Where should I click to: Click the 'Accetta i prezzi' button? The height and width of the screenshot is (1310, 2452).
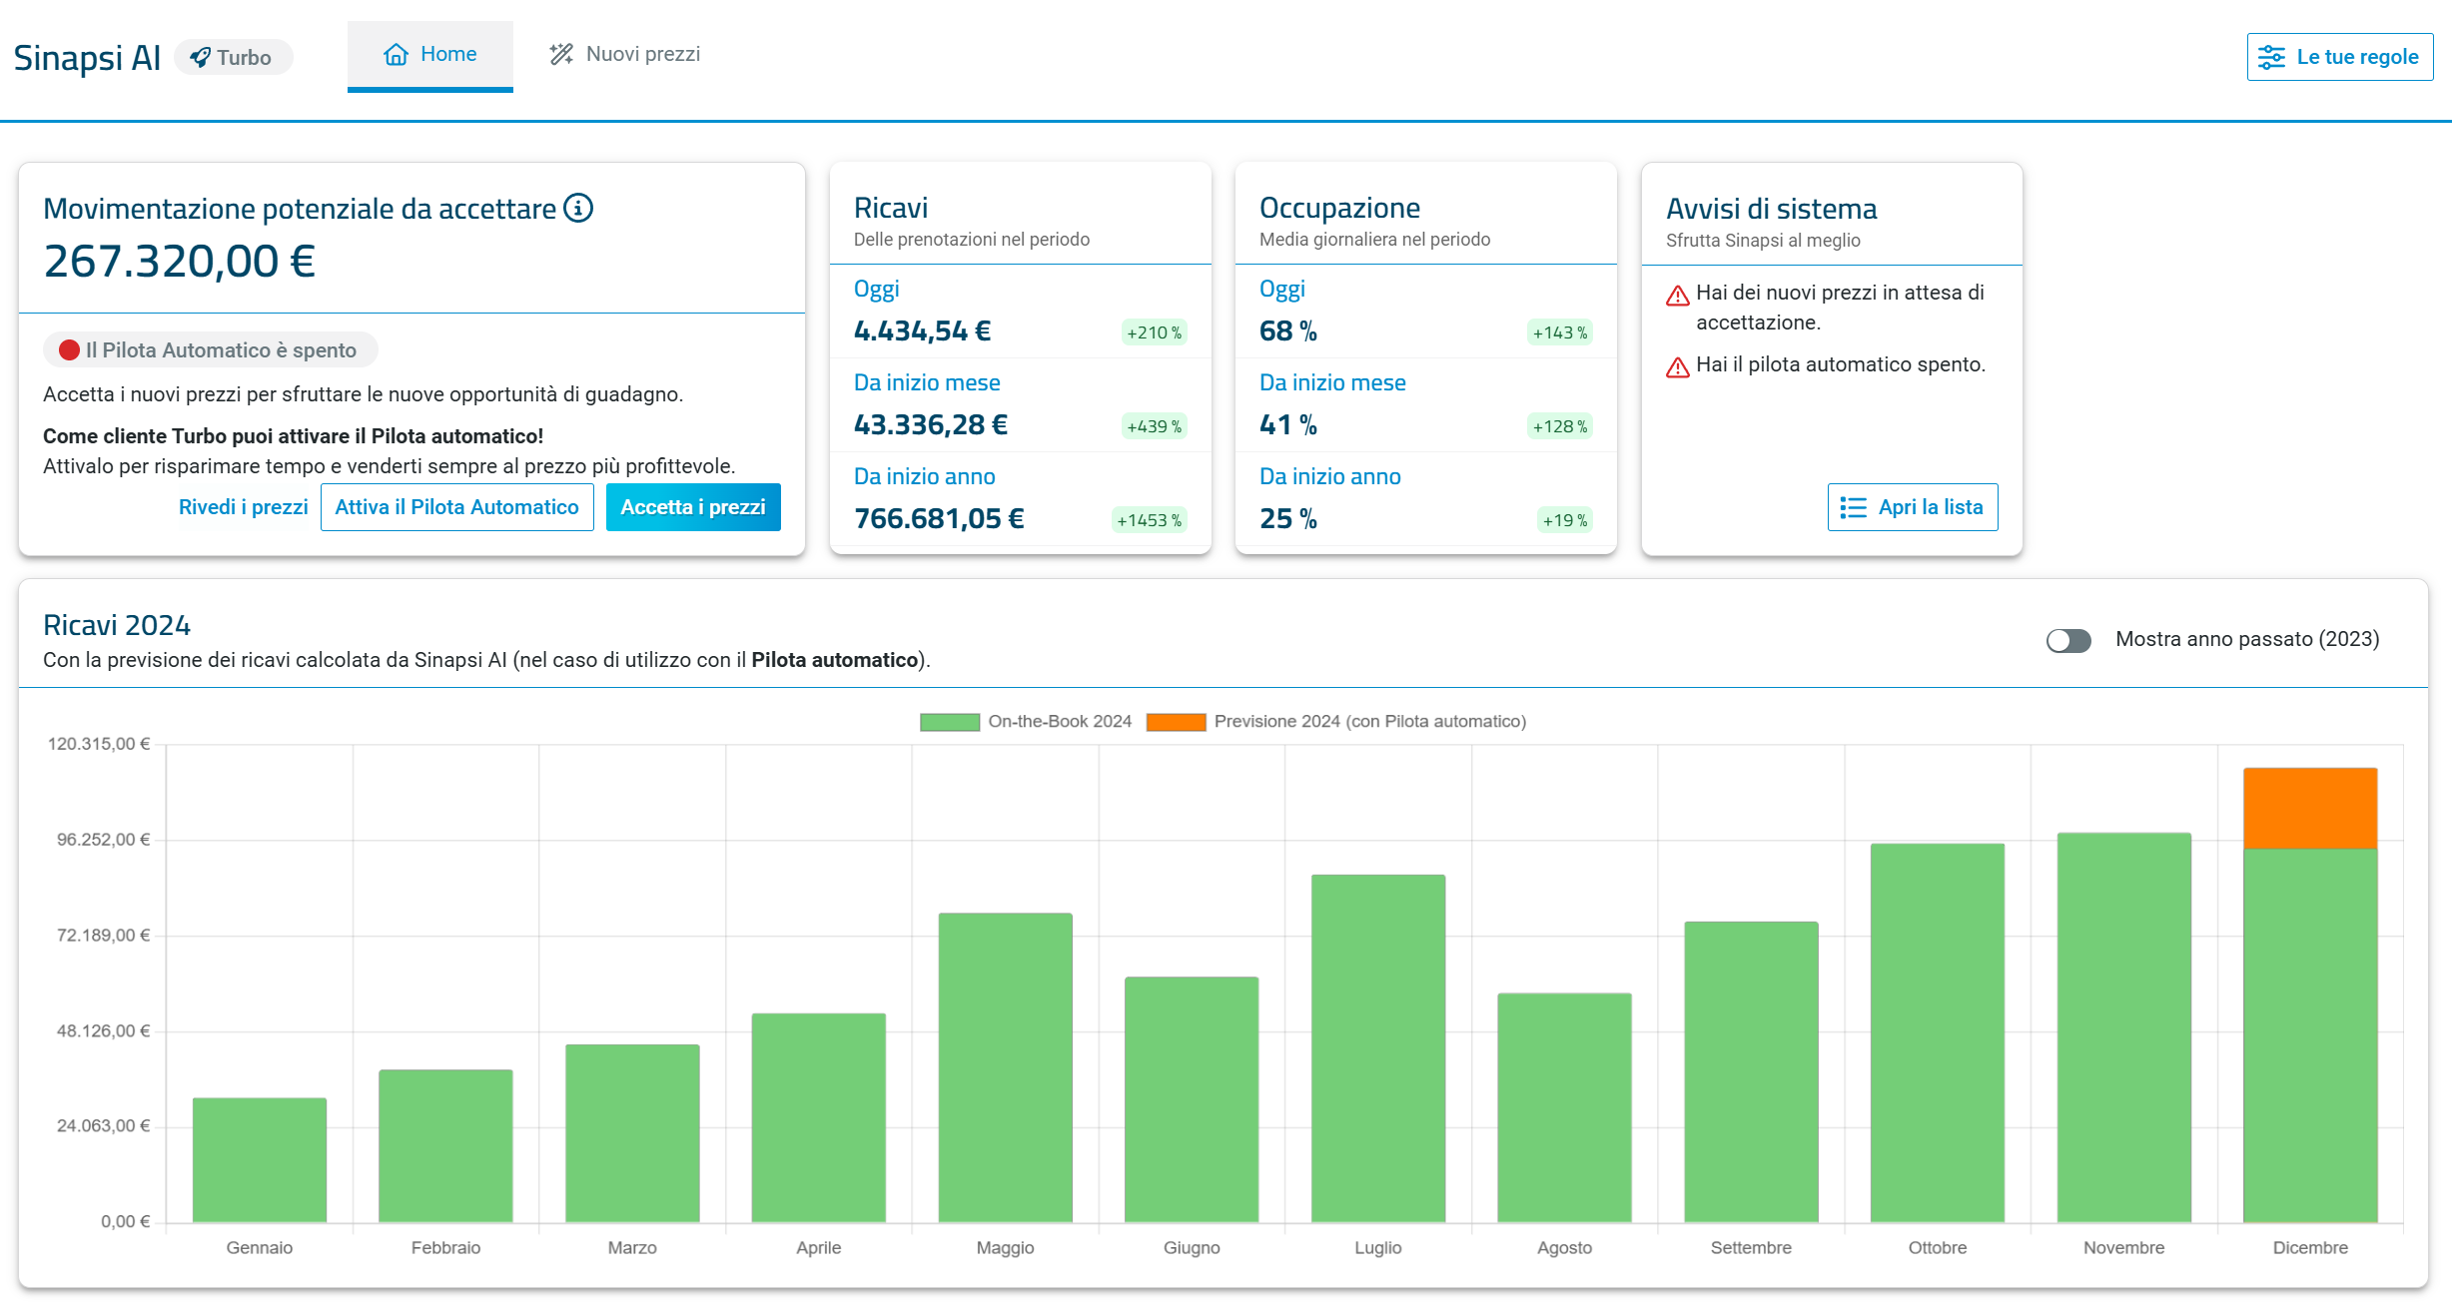[693, 507]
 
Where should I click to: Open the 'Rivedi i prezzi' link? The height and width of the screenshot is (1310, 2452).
[243, 507]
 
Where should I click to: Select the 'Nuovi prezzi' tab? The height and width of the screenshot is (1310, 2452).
[625, 54]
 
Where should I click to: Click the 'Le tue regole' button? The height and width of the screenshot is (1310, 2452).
[2340, 57]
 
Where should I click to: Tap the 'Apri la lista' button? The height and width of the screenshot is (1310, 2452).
[1913, 507]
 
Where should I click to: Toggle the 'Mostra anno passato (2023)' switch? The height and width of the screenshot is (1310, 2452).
[2068, 640]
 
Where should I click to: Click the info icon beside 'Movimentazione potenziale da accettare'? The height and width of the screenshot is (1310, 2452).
[578, 208]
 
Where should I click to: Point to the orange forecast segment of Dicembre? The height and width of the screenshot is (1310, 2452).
[2310, 808]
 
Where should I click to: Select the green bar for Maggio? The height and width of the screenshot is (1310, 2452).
[1006, 1067]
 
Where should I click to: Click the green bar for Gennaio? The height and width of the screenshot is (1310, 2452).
[260, 1160]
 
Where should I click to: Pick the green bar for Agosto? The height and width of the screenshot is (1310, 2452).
[1565, 1107]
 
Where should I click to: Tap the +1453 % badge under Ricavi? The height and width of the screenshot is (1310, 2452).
[1150, 520]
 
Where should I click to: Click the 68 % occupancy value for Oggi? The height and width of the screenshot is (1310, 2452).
[1288, 331]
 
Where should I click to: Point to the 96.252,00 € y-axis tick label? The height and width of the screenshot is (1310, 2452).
[103, 840]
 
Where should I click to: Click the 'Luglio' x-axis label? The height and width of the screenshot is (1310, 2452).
[1378, 1248]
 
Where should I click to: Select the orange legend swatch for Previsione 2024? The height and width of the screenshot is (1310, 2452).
[1177, 722]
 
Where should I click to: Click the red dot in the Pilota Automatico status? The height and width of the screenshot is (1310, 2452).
[69, 350]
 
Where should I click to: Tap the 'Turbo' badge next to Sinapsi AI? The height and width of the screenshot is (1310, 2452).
[233, 57]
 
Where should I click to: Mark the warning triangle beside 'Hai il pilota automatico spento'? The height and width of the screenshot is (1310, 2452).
[1678, 367]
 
